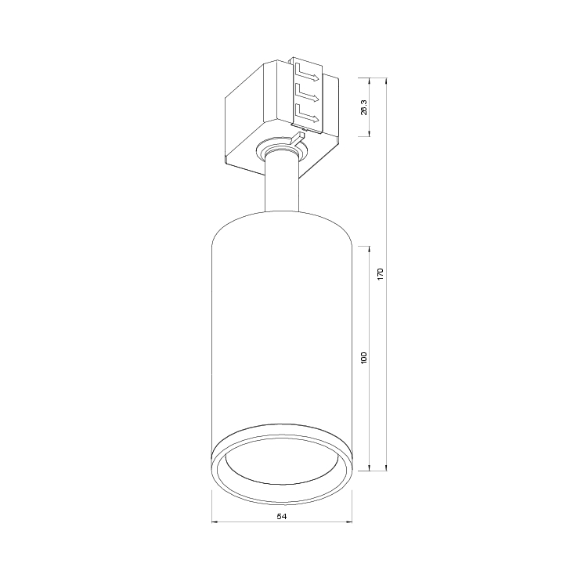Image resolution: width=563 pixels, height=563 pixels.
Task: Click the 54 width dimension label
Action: [x=282, y=516]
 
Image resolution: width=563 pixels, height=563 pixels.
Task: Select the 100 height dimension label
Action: [x=364, y=358]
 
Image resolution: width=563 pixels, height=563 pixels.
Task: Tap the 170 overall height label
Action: [x=381, y=274]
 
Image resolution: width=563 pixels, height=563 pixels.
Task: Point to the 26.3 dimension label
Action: [x=364, y=107]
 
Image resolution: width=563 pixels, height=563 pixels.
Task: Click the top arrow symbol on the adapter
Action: [x=307, y=73]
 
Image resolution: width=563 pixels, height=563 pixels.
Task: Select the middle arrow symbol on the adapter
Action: [x=307, y=93]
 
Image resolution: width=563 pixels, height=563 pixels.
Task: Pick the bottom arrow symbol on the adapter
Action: [x=307, y=114]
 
